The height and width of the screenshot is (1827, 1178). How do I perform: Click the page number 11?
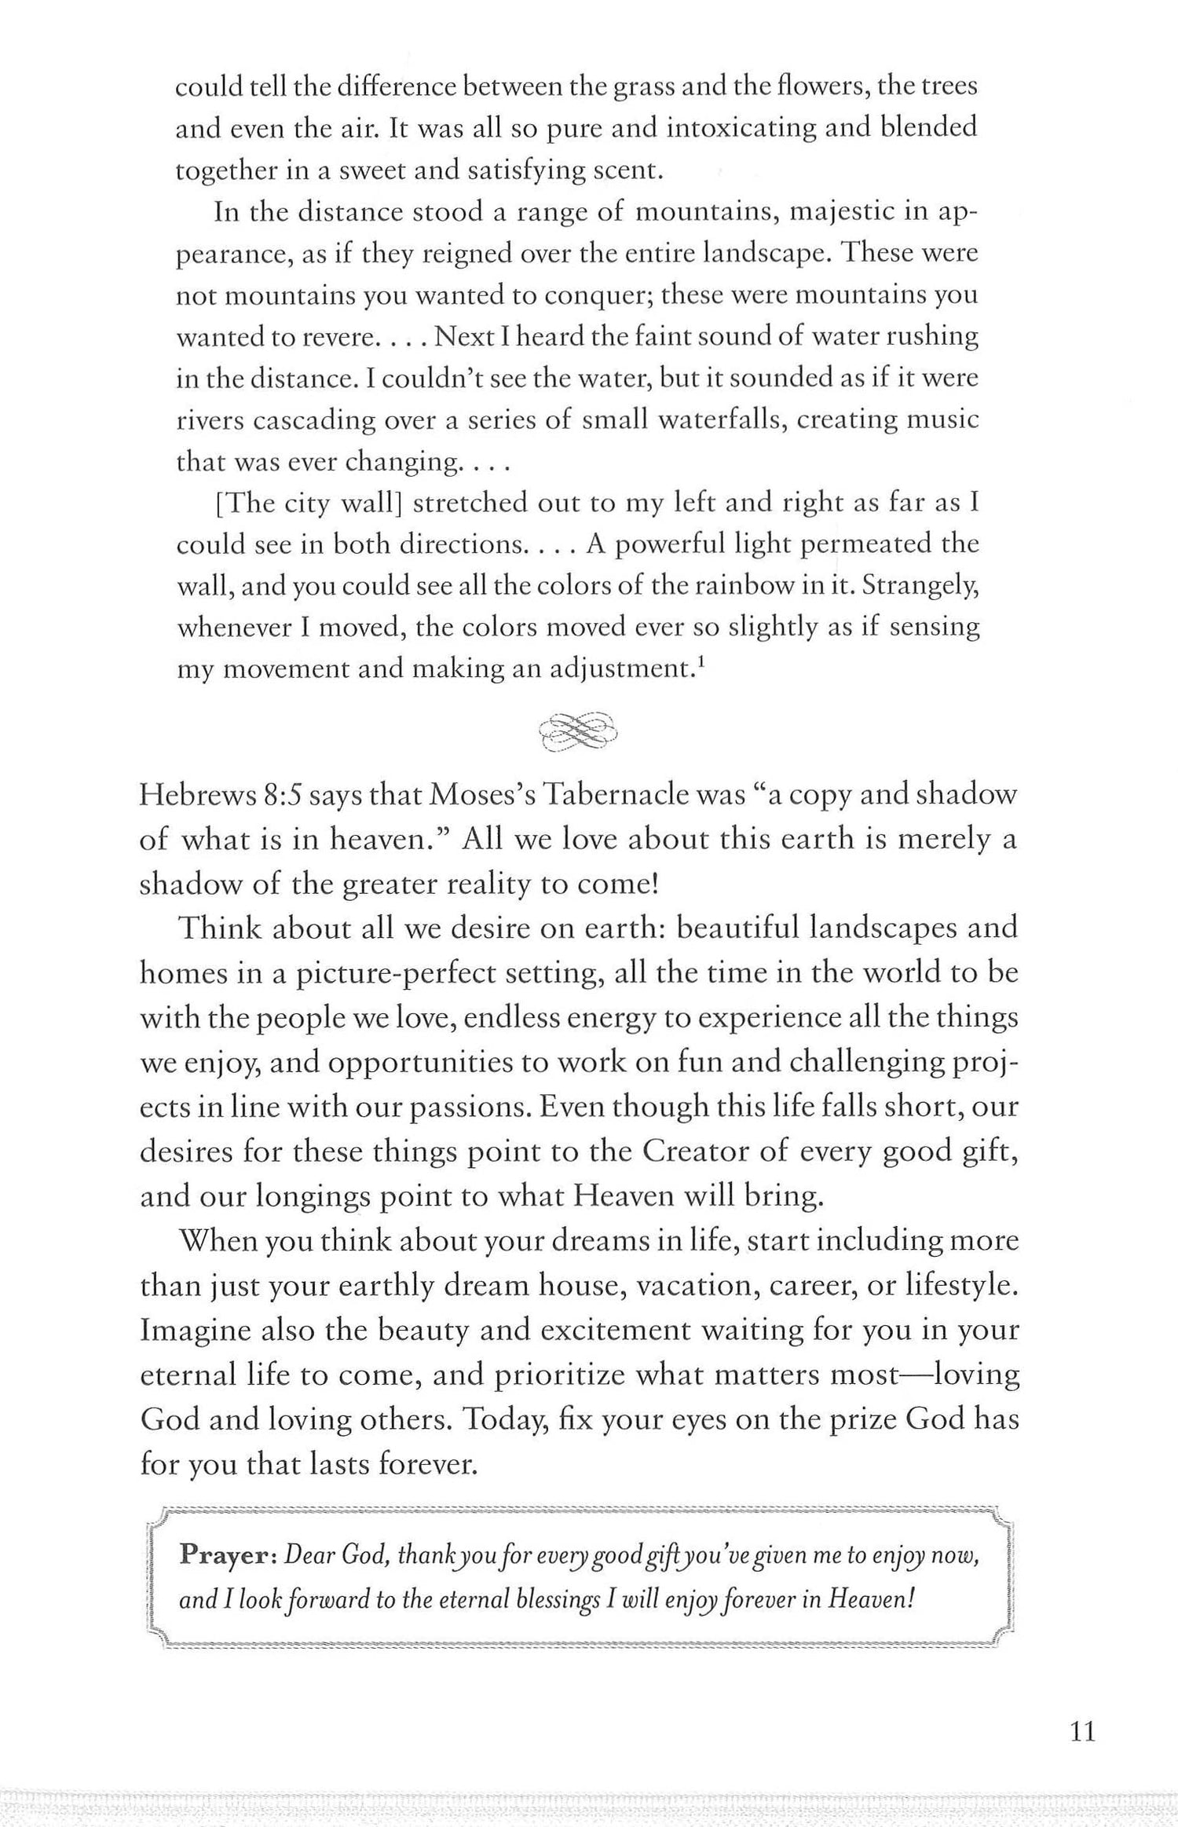(x=1082, y=1731)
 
